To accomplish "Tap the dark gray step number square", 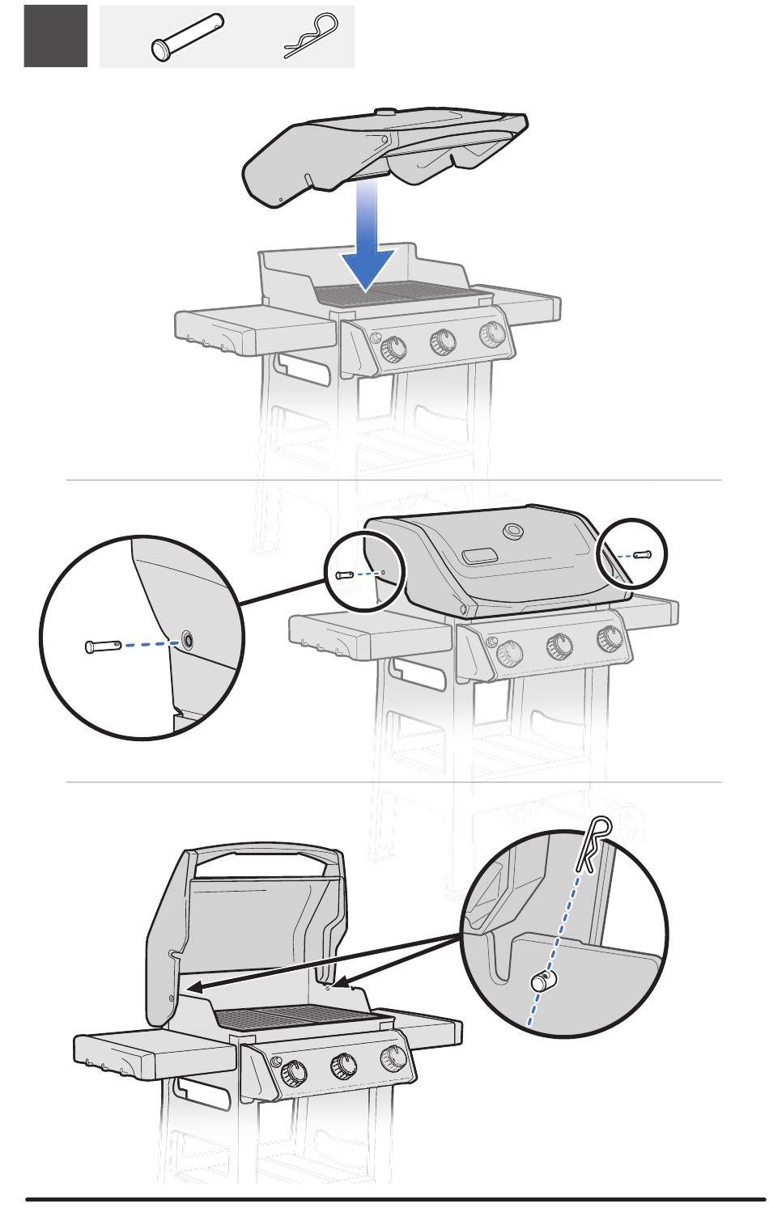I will point(56,36).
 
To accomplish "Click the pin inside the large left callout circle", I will point(101,646).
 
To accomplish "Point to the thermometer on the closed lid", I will point(512,532).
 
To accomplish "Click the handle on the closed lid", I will point(481,556).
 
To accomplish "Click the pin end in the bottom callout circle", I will point(540,981).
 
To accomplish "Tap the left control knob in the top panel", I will point(393,348).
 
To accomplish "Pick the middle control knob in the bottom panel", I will point(343,1067).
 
